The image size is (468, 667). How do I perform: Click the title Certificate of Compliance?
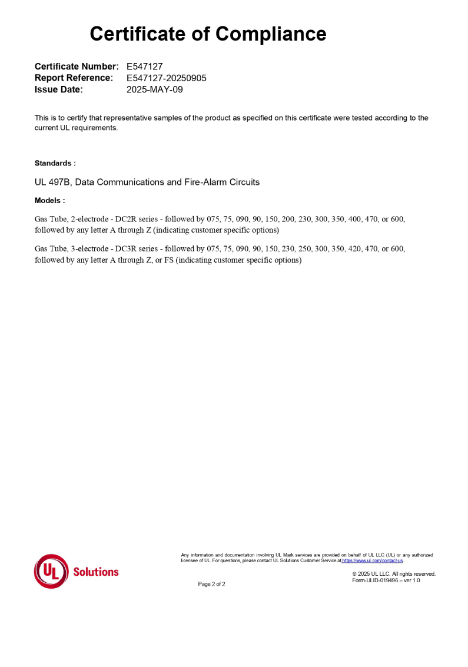208,34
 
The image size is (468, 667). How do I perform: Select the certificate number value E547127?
144,67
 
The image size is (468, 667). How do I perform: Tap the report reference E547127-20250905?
166,78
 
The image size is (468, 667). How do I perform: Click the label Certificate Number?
77,67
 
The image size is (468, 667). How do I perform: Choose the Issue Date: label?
59,89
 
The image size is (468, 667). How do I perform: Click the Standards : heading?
55,163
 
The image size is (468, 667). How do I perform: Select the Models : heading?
49,201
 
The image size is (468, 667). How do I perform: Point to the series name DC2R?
127,219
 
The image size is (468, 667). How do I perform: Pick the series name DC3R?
127,249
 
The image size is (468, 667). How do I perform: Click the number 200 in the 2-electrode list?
288,219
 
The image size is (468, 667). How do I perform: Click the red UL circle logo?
51,571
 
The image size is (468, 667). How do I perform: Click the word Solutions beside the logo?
96,572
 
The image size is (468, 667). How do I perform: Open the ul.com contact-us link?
373,560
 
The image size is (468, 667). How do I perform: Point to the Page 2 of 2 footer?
211,584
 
